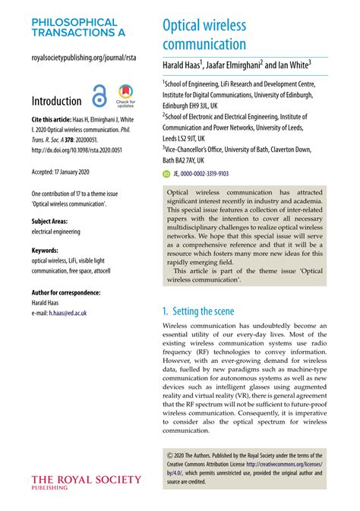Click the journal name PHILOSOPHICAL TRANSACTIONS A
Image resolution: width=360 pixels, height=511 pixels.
pyautogui.click(x=74, y=28)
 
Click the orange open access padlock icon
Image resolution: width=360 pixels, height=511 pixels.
pyautogui.click(x=99, y=97)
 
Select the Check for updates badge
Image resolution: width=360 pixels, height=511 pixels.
pyautogui.click(x=125, y=96)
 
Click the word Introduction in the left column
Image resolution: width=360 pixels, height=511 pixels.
pyautogui.click(x=56, y=101)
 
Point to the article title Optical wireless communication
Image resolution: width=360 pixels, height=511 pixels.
pyautogui.click(x=204, y=35)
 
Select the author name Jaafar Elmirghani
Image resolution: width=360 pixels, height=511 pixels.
pyautogui.click(x=243, y=66)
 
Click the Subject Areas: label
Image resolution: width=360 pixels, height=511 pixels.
pyautogui.click(x=54, y=222)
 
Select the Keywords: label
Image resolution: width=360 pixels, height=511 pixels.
pyautogui.click(x=49, y=250)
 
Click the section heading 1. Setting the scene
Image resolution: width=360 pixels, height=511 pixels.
pyautogui.click(x=204, y=311)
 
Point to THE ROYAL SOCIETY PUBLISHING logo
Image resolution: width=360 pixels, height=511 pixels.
pyautogui.click(x=86, y=482)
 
